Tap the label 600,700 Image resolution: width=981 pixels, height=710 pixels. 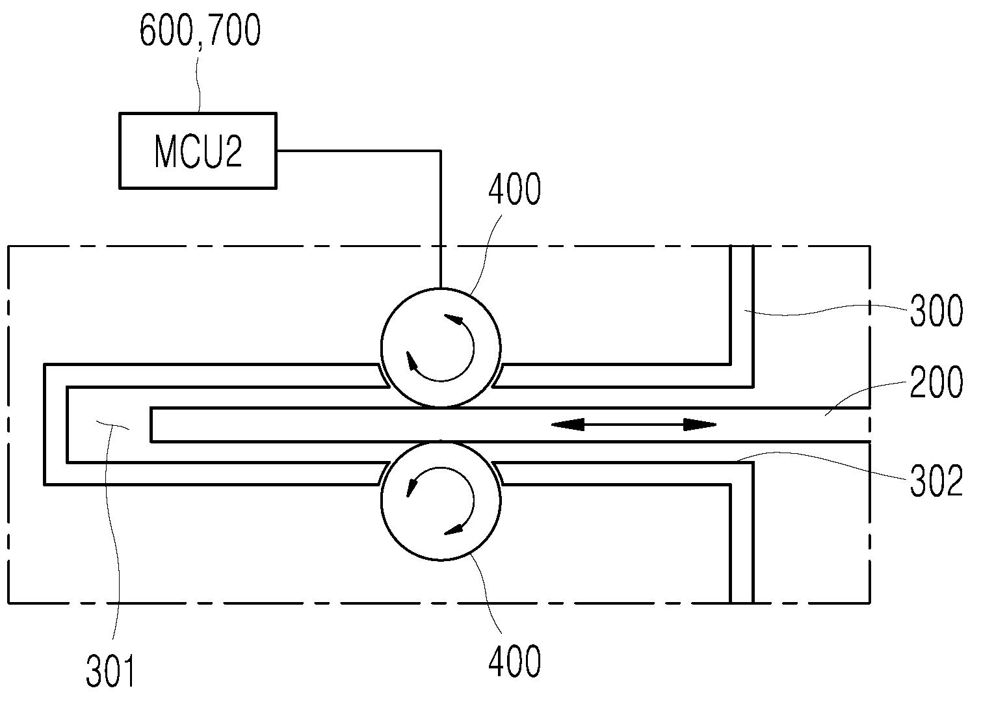(200, 30)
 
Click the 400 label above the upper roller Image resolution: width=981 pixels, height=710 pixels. (515, 189)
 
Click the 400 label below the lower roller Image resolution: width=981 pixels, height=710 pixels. (515, 661)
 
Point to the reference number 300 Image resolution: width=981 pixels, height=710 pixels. (937, 311)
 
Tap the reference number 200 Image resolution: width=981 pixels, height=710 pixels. (937, 382)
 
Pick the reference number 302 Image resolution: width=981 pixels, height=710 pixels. (937, 481)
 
